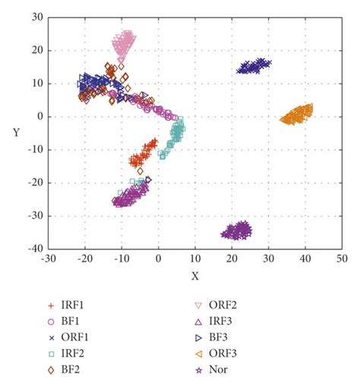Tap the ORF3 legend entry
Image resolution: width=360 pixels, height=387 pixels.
coord(225,354)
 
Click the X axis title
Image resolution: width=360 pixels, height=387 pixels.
coord(195,276)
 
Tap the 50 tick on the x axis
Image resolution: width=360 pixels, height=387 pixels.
coord(342,259)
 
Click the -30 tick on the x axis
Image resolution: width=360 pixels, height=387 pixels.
coord(49,259)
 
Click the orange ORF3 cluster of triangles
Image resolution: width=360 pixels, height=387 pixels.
coord(298,115)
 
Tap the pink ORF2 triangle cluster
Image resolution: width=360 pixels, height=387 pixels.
coord(123,44)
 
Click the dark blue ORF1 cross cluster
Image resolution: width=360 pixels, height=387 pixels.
coord(254,67)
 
